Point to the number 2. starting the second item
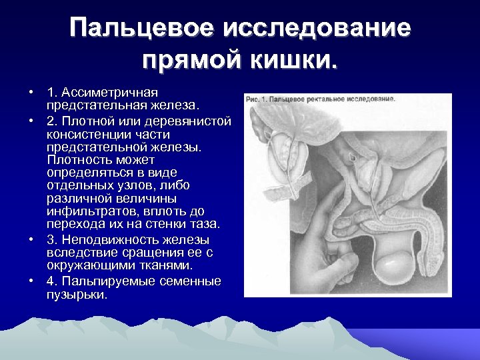[51, 121]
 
